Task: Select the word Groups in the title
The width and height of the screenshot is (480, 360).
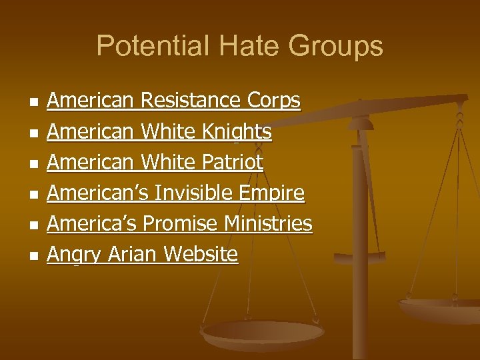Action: point(337,46)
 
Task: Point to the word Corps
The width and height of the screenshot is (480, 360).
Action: point(273,101)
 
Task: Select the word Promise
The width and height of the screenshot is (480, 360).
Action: point(183,223)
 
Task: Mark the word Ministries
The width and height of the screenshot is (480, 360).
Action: point(270,223)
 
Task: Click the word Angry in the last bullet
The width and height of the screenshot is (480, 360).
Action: point(71,255)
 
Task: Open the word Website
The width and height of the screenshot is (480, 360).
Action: point(200,254)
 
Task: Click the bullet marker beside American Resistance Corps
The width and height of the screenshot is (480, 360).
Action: point(32,102)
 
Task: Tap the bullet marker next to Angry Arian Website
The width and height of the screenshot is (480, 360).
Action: point(32,255)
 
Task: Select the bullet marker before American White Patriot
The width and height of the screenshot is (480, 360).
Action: point(32,163)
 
